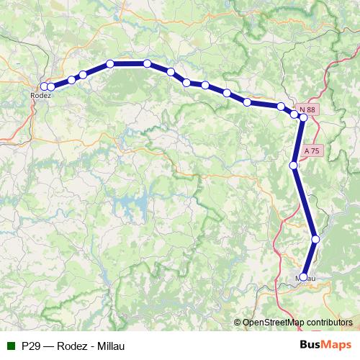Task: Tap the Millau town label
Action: click(306, 279)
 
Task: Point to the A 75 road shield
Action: click(312, 151)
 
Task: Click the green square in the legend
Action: click(9, 346)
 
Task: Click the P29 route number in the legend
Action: click(31, 346)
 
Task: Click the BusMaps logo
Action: click(326, 345)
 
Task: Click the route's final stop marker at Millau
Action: click(303, 276)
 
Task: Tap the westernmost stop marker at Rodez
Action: click(45, 86)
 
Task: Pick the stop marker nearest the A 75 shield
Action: click(294, 166)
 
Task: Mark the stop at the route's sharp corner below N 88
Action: click(304, 117)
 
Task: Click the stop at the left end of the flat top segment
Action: click(110, 63)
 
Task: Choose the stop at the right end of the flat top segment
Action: click(147, 63)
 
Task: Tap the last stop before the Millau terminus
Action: click(315, 239)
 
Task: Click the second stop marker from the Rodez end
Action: click(51, 86)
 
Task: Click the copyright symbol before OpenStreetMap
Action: click(238, 322)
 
